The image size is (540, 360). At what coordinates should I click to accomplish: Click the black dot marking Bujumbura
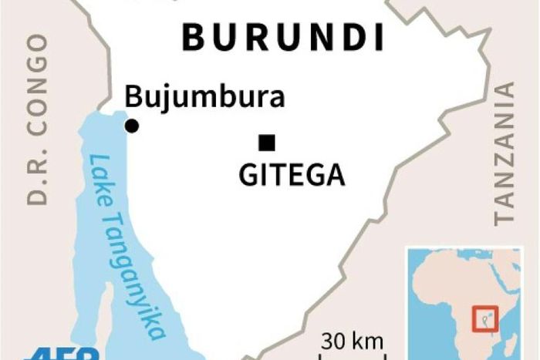132,126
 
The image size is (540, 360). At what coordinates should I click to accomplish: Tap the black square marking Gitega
267,141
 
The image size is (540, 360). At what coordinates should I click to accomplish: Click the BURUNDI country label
282,37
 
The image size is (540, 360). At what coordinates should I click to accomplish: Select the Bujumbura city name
204,98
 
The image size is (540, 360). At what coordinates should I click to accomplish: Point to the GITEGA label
292,175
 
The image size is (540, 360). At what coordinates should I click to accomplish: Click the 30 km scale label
353,341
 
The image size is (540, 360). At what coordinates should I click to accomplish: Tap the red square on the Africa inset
485,318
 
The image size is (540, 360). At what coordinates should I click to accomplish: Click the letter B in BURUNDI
191,37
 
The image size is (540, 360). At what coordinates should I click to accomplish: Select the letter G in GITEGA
247,175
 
